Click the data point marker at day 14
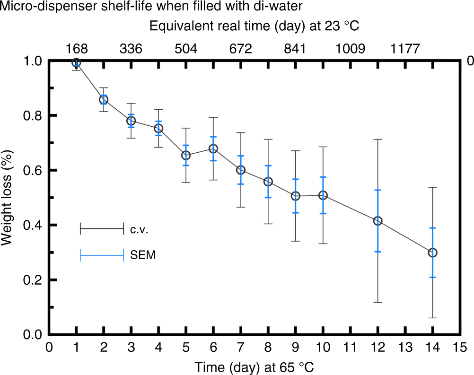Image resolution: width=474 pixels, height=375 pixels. pos(432,253)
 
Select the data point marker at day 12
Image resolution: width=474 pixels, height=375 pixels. pos(377,221)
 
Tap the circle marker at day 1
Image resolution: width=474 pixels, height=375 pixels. pos(76,62)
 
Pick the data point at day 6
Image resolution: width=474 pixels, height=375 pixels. pos(213,148)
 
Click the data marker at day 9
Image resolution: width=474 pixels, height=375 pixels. pos(296,196)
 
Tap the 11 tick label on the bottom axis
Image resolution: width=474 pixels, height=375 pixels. pos(350,348)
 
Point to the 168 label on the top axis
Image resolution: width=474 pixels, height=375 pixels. pos(76,49)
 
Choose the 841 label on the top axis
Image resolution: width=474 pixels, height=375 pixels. pos(295,49)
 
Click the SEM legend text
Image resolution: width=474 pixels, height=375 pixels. pos(142,256)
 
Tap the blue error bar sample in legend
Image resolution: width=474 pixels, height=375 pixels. pos(102,256)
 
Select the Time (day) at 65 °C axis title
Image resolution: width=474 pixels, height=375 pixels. pos(255,366)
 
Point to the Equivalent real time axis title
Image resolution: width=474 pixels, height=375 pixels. pos(255,26)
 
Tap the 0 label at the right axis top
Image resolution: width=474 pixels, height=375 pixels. pos(470,61)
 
